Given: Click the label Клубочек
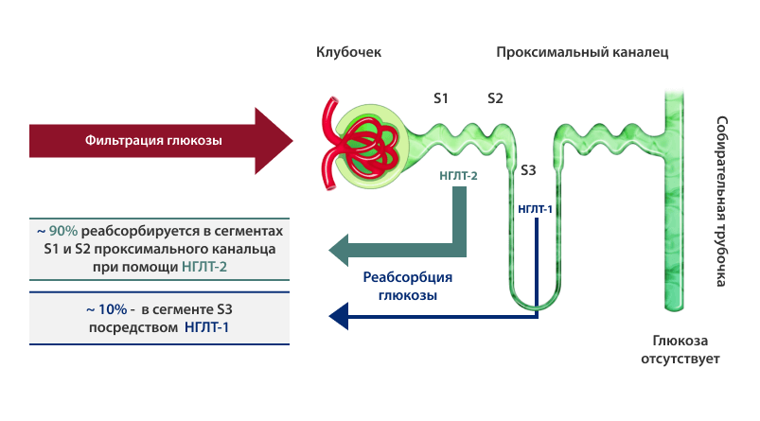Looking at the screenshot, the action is tap(348, 52).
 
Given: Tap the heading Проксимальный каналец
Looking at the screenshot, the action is tap(582, 52).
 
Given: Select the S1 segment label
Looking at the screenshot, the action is tap(441, 98).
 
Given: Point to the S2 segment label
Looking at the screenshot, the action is tap(495, 98).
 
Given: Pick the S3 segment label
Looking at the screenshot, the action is tap(528, 170).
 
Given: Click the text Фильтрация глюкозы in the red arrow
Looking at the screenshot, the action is tap(153, 141).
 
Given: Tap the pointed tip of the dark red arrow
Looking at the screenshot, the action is tap(292, 141).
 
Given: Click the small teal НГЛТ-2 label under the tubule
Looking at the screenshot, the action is tap(458, 175).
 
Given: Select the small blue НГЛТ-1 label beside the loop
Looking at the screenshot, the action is tap(535, 209).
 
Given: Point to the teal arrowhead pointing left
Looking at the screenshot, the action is tap(338, 250).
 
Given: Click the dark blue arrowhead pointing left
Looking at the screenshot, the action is tap(338, 316).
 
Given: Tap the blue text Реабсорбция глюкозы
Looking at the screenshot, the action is tap(408, 286).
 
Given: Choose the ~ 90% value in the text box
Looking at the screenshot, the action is tap(57, 231).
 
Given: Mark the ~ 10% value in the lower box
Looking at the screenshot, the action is tap(107, 309).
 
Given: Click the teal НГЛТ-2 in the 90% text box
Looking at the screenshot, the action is tap(204, 267).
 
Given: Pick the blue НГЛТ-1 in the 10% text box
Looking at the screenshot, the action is tap(206, 327).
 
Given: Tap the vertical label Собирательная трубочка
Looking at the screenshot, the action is tap(722, 202).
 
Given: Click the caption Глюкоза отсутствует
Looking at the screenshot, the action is tap(680, 350).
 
